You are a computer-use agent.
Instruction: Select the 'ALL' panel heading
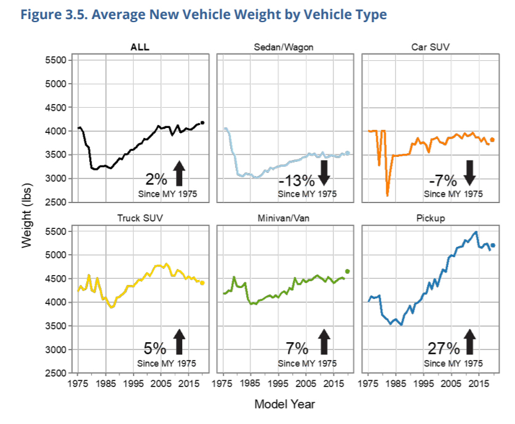[140, 47]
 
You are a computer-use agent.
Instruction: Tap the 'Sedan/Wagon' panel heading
[285, 47]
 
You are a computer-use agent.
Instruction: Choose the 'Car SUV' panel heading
[429, 47]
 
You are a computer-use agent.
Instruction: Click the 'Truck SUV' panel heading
[140, 218]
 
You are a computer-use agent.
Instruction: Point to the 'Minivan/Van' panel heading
[285, 218]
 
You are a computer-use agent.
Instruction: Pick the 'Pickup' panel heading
[429, 218]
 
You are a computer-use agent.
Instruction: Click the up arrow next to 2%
[179, 174]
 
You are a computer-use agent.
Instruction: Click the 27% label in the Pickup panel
[444, 348]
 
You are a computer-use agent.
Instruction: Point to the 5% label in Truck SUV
[156, 348]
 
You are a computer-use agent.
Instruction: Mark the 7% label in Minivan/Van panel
[297, 348]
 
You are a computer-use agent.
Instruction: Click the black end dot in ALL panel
[203, 123]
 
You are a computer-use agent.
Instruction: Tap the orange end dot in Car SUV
[492, 140]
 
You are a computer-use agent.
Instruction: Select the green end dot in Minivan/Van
[348, 271]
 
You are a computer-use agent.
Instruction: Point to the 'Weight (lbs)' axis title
[26, 214]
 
